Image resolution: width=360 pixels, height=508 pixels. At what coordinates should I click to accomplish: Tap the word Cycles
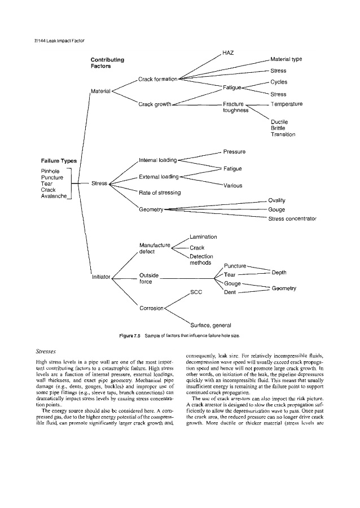[279, 82]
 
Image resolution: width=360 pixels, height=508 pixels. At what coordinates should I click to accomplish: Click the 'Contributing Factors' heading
[107, 63]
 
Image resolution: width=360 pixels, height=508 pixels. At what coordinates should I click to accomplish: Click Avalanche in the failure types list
[54, 196]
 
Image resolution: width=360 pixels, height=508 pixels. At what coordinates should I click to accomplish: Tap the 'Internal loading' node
[157, 160]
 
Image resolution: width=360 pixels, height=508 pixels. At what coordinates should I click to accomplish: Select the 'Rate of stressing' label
[160, 193]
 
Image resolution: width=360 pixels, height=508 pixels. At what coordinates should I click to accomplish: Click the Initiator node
[101, 277]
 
